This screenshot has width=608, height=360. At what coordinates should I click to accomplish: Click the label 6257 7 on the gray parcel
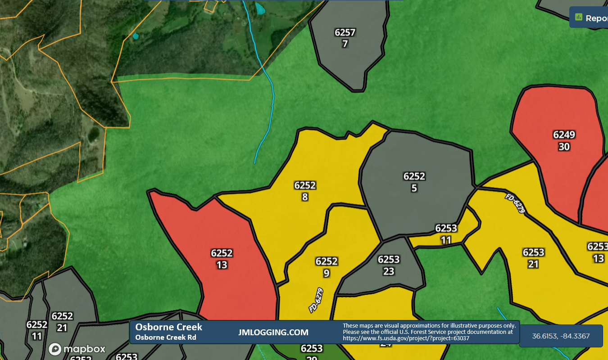click(x=345, y=38)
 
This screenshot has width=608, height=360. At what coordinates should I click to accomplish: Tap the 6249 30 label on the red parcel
click(x=564, y=141)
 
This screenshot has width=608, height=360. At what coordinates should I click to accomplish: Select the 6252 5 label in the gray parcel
click(x=414, y=182)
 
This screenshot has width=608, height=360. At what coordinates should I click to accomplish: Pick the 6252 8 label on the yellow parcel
click(x=305, y=191)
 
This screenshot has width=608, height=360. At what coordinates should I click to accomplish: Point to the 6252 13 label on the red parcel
click(x=222, y=259)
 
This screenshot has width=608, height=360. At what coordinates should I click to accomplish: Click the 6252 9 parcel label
click(x=327, y=267)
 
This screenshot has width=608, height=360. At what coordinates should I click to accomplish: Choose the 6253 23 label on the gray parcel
click(x=389, y=265)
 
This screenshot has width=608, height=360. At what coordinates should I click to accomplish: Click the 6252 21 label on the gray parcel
click(x=62, y=322)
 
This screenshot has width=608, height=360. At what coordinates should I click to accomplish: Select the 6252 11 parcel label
click(x=37, y=330)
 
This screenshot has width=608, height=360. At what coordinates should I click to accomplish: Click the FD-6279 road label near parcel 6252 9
click(x=316, y=300)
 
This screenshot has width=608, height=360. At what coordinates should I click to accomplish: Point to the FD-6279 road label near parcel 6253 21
click(x=515, y=203)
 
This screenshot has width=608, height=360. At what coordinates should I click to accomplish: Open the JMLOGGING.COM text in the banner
click(x=273, y=333)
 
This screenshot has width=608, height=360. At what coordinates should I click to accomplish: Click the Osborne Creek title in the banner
click(x=169, y=327)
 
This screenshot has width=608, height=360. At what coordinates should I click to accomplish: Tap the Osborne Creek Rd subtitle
click(x=165, y=337)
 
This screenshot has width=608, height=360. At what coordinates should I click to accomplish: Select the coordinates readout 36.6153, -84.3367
click(x=561, y=336)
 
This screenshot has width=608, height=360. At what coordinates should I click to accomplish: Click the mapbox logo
click(x=77, y=349)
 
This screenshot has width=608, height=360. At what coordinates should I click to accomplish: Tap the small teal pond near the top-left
click(x=136, y=36)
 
